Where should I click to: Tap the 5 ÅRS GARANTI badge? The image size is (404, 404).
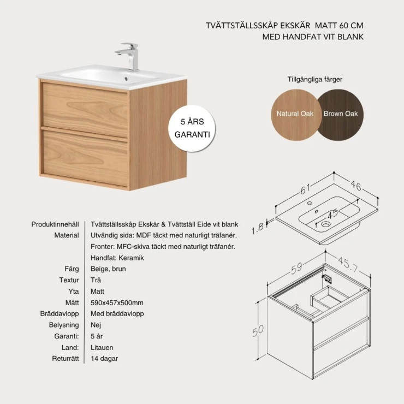(x=192, y=128)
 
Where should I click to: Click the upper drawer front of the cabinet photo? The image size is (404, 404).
(x=86, y=110)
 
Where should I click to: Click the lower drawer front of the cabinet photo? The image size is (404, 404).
(x=86, y=158)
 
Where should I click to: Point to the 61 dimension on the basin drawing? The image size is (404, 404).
(x=305, y=189)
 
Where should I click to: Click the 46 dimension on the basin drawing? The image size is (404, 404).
(x=356, y=185)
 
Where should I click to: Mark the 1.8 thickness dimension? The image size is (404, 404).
(x=258, y=228)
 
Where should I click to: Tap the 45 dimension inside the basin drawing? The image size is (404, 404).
(x=332, y=213)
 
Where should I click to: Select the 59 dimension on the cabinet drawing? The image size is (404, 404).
(x=296, y=268)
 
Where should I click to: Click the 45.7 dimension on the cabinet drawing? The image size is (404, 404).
(x=348, y=264)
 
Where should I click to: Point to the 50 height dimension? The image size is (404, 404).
(x=258, y=330)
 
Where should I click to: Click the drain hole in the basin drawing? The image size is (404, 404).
(x=325, y=224)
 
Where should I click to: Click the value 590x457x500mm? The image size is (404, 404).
(x=117, y=303)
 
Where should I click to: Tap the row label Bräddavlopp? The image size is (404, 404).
(x=60, y=314)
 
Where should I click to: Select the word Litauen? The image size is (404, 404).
(x=102, y=348)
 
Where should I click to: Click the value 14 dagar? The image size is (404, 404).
(x=104, y=359)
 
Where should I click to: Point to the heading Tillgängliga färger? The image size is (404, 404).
(x=315, y=80)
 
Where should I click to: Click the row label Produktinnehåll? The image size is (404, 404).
(x=55, y=224)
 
